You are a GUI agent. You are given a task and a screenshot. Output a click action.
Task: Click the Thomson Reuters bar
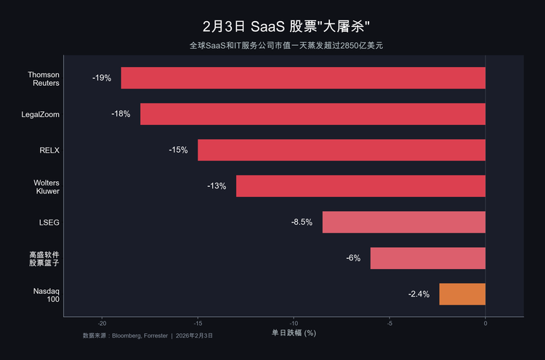(x=303, y=78)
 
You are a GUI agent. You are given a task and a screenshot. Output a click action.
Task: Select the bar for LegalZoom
(x=312, y=114)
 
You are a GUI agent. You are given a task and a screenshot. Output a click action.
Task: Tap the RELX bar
(x=342, y=150)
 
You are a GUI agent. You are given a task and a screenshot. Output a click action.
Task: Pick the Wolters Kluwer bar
(x=360, y=186)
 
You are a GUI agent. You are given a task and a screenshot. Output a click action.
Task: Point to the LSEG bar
(x=404, y=222)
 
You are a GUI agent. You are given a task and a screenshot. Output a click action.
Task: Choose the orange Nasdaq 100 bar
(x=462, y=294)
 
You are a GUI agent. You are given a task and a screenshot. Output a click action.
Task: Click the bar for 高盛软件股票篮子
(x=427, y=258)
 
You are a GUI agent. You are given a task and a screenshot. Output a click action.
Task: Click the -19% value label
(x=102, y=78)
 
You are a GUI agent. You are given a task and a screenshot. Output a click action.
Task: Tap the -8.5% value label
(x=302, y=222)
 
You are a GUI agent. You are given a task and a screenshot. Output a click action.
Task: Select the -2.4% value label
(x=419, y=295)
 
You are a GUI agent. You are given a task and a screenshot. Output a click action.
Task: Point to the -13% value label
(x=217, y=186)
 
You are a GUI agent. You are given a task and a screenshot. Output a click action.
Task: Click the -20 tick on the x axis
(x=102, y=324)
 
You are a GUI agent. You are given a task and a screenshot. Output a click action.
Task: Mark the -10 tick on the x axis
(x=294, y=324)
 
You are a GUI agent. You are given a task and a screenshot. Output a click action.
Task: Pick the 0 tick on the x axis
(x=485, y=324)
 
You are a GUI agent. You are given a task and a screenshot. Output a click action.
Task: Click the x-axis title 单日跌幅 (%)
(x=294, y=333)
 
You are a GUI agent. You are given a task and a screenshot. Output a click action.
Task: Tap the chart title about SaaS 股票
(x=286, y=27)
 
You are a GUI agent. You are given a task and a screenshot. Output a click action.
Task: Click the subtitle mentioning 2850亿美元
(x=286, y=46)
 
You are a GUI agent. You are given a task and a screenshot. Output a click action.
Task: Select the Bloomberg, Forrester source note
(x=148, y=336)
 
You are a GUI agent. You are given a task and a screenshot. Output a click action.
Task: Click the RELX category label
(x=49, y=151)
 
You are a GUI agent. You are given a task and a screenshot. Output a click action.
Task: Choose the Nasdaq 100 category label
(x=47, y=295)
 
